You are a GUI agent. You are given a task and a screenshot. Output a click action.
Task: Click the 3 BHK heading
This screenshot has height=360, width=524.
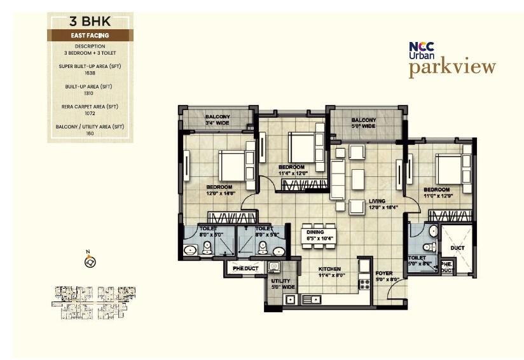[x=90, y=22]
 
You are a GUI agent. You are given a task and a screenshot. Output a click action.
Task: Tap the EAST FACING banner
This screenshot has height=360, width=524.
[x=90, y=36]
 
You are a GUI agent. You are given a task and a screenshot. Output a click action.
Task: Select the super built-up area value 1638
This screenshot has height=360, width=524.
[x=90, y=73]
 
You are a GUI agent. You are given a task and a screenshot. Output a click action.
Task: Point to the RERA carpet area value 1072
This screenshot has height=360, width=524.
[x=90, y=113]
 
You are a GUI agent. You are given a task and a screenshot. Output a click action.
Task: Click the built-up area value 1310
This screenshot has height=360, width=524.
[x=90, y=93]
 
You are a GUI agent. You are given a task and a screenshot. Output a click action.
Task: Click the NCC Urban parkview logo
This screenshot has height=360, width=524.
[x=452, y=59]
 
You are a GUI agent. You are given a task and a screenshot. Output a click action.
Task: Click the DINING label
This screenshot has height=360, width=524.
[x=315, y=232]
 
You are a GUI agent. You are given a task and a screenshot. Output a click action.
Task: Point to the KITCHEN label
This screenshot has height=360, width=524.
[x=330, y=269]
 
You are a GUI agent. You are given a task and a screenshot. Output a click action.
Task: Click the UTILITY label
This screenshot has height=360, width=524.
[x=280, y=281]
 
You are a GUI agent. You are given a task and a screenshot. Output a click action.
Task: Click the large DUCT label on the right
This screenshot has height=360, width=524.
[x=457, y=247]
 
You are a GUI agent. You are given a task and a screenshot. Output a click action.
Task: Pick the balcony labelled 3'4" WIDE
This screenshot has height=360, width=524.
[x=217, y=117]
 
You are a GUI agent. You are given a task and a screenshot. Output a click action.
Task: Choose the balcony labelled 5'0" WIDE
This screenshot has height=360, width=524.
[x=364, y=120]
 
